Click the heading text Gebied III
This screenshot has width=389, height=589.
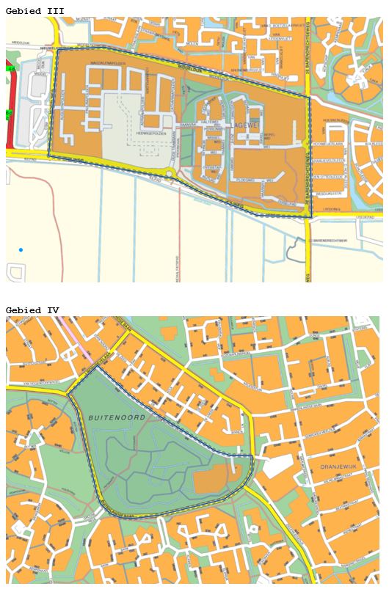click(x=34, y=11)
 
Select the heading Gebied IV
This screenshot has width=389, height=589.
click(x=32, y=310)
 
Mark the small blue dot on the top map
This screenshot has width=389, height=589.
click(x=21, y=250)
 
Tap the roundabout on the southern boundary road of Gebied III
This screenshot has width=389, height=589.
click(x=170, y=174)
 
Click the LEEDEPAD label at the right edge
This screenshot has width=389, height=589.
click(x=365, y=217)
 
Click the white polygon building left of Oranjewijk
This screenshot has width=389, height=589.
click(x=277, y=465)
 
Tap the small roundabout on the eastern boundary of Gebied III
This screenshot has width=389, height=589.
click(x=305, y=142)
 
